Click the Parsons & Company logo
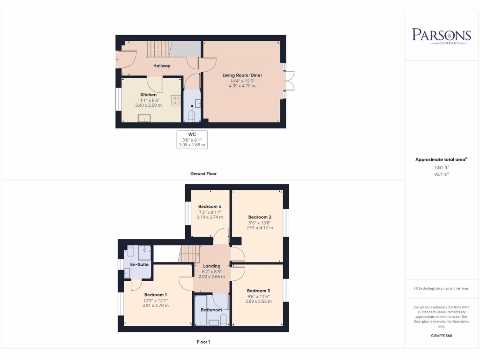441,36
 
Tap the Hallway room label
162,66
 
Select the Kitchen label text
149,94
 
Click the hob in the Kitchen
176,100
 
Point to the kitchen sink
144,117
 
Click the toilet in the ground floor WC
192,115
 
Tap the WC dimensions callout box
192,140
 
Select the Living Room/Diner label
242,75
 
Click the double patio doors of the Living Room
288,81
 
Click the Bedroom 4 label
210,206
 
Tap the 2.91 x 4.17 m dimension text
260,228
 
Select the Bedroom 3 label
258,291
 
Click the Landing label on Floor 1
211,266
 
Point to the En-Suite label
139,264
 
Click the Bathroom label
211,310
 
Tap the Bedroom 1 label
155,295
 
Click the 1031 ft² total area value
441,167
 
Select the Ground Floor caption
203,173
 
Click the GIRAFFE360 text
441,336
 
